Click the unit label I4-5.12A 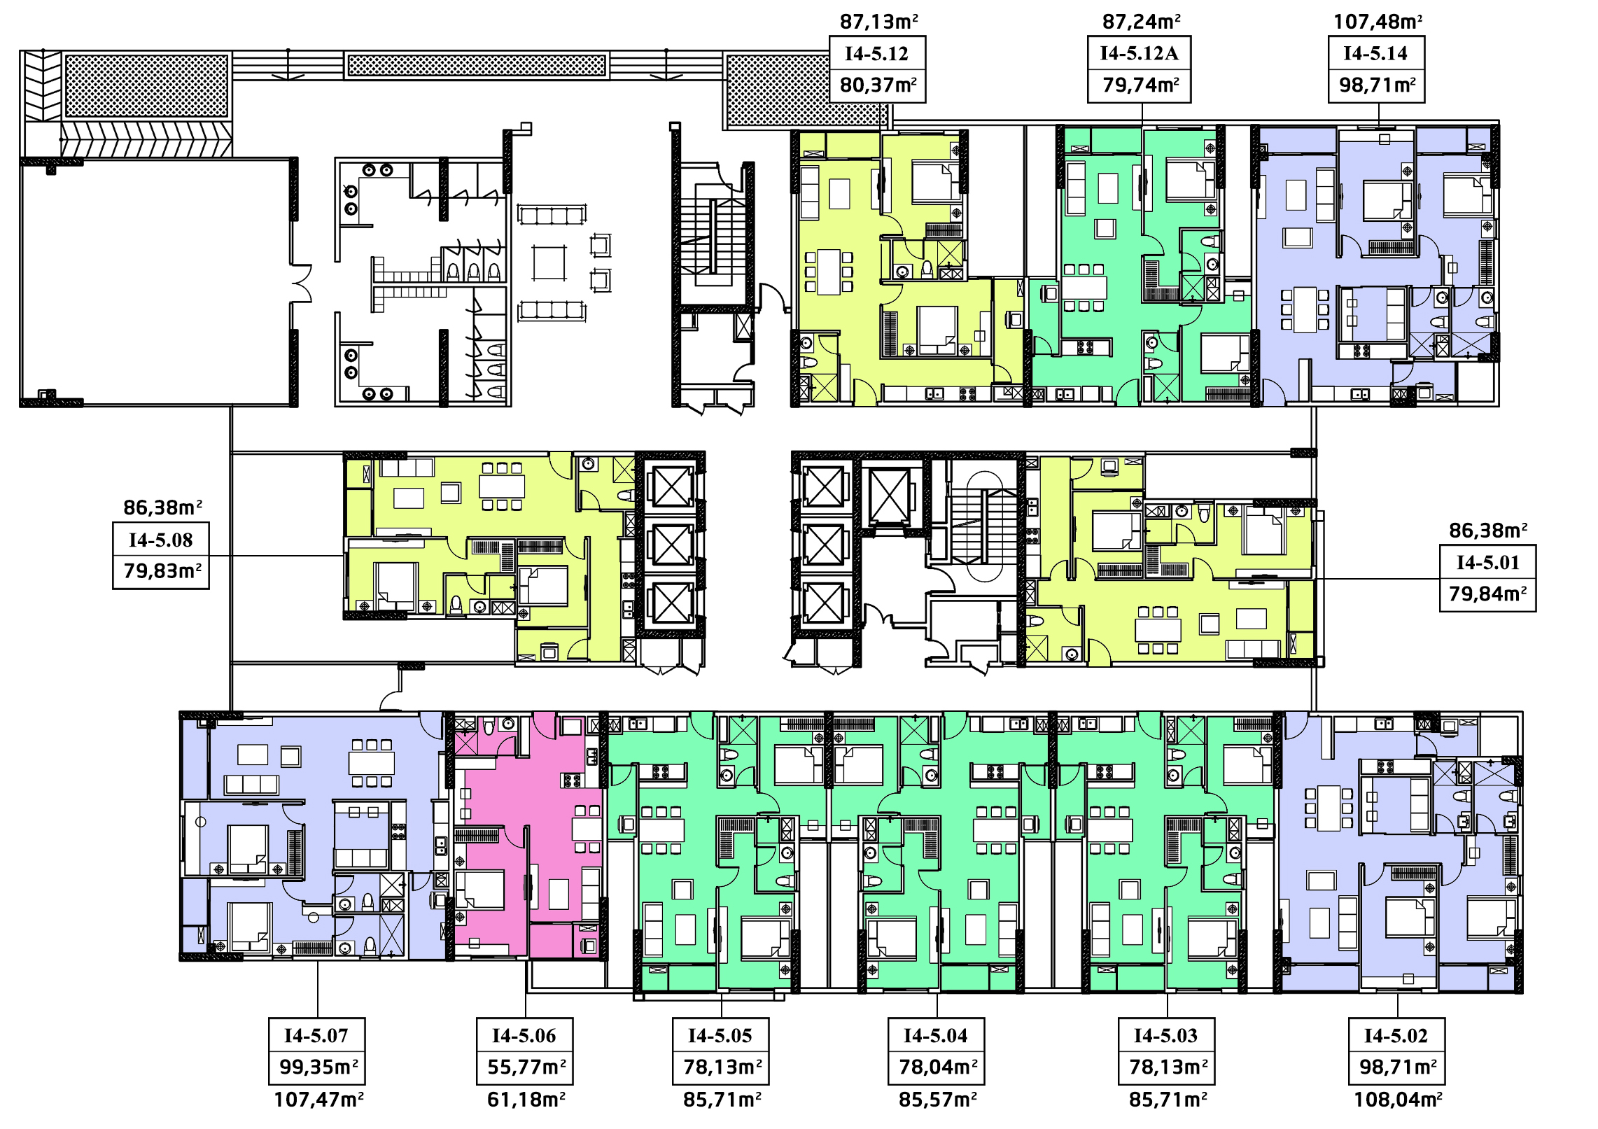[1139, 53]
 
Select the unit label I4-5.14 [1375, 53]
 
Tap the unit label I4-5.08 [160, 540]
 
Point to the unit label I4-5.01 [1487, 562]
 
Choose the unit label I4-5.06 [524, 1035]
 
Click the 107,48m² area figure [1378, 22]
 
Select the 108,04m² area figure [1398, 1099]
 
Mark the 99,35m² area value [318, 1067]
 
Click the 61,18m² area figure [526, 1099]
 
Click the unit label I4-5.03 [1166, 1035]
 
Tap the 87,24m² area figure [1141, 22]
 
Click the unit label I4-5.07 [316, 1035]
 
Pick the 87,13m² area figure [879, 22]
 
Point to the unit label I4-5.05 [720, 1035]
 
